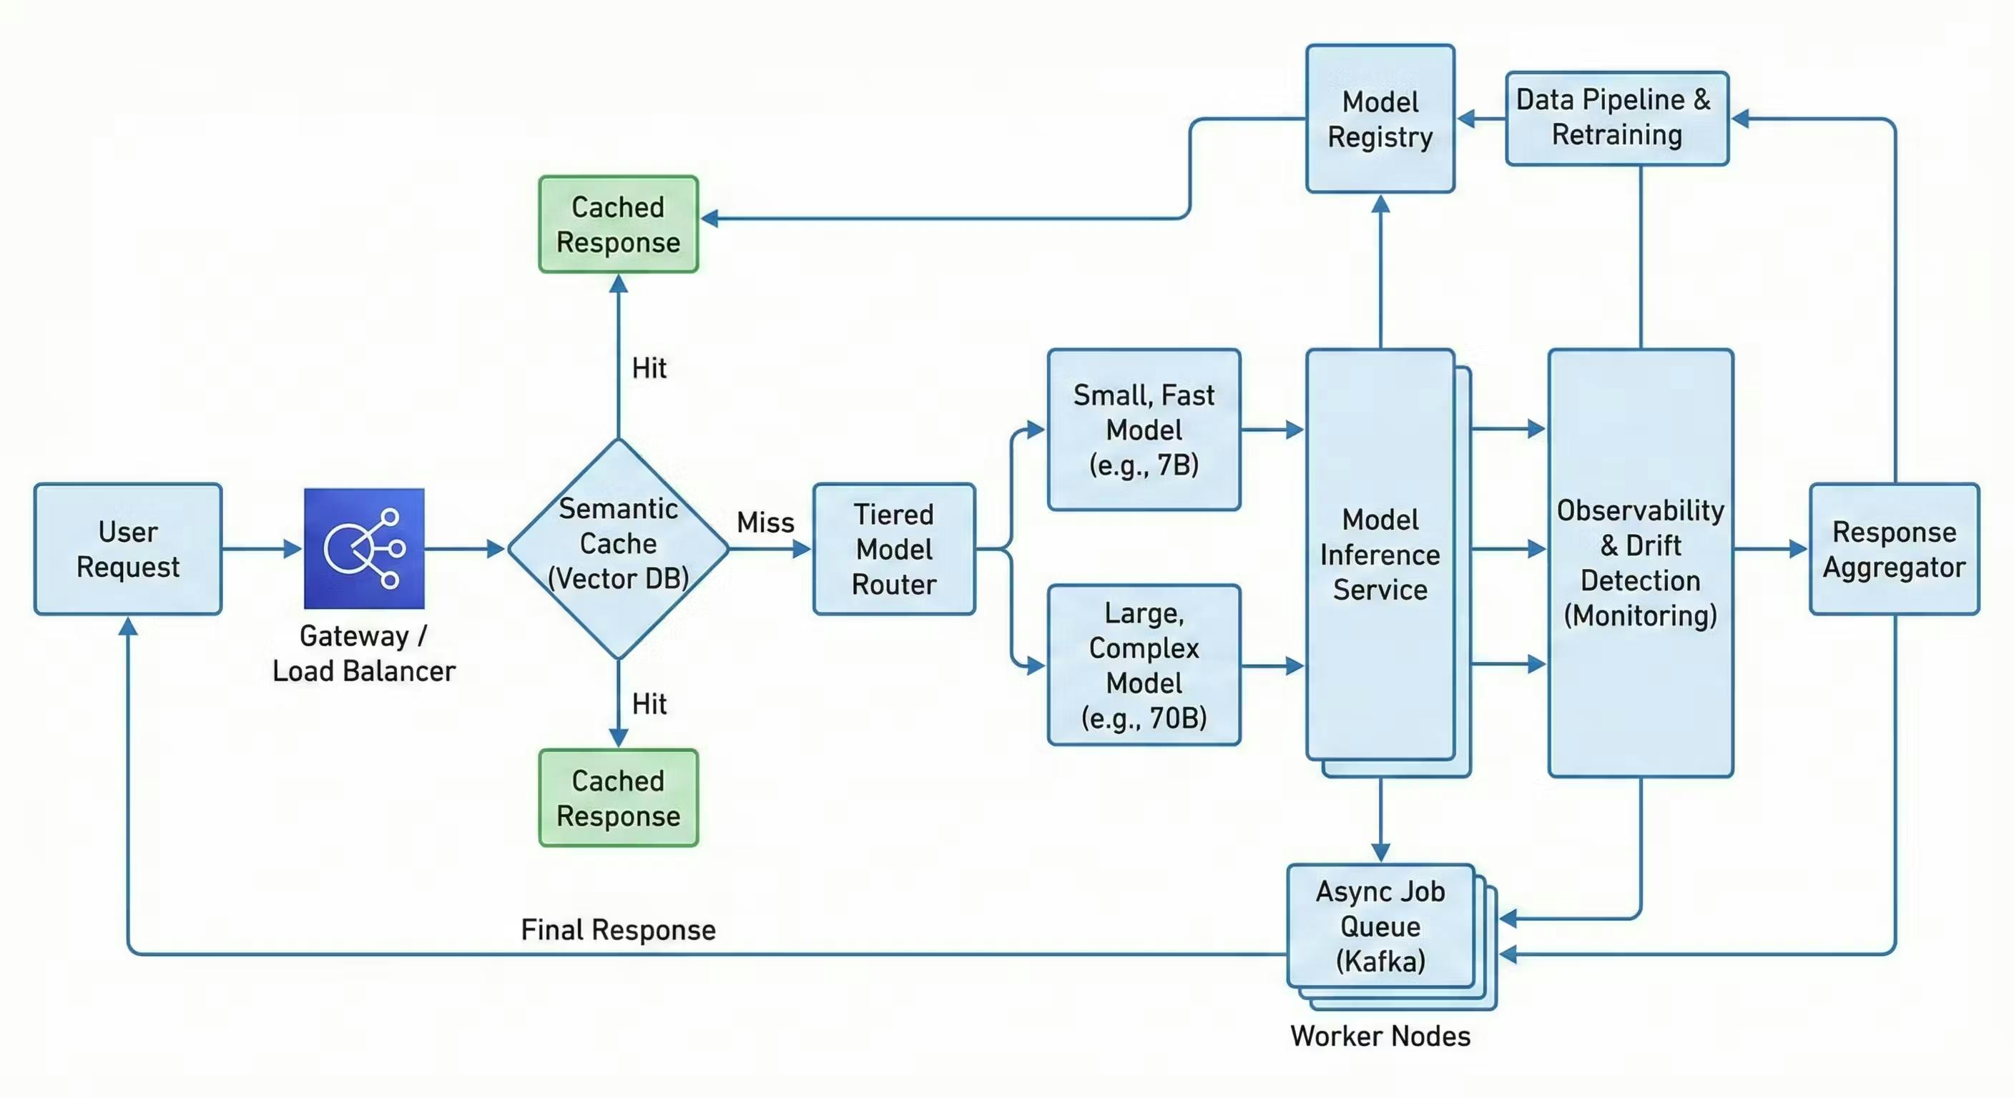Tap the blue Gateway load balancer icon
(363, 548)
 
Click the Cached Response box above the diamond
(618, 224)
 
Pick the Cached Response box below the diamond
(618, 798)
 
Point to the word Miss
(765, 522)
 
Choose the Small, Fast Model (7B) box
(1143, 430)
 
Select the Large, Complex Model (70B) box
(1143, 665)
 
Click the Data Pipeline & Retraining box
(1616, 118)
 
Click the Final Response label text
(618, 930)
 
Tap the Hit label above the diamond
(649, 368)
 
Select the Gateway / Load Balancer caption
(363, 653)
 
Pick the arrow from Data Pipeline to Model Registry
(1480, 119)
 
